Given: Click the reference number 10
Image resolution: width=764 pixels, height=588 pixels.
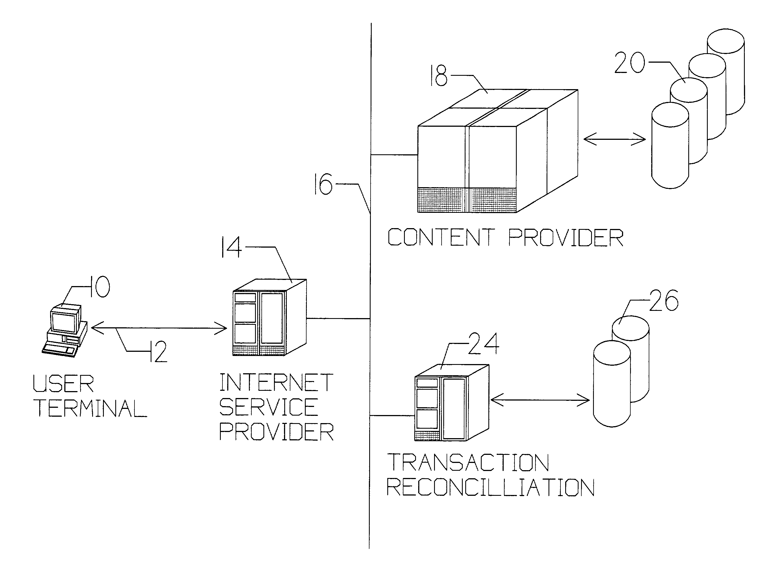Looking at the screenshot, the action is [100, 287].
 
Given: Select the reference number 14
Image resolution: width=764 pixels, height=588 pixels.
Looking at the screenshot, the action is [232, 247].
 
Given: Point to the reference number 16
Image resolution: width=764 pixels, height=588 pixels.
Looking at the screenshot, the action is [323, 184].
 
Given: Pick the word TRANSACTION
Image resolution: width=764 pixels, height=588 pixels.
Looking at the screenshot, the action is [468, 462].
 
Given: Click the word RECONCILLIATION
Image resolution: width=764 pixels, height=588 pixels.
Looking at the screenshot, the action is [490, 487].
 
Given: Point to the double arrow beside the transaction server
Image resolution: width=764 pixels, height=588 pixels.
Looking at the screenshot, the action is [540, 400].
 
